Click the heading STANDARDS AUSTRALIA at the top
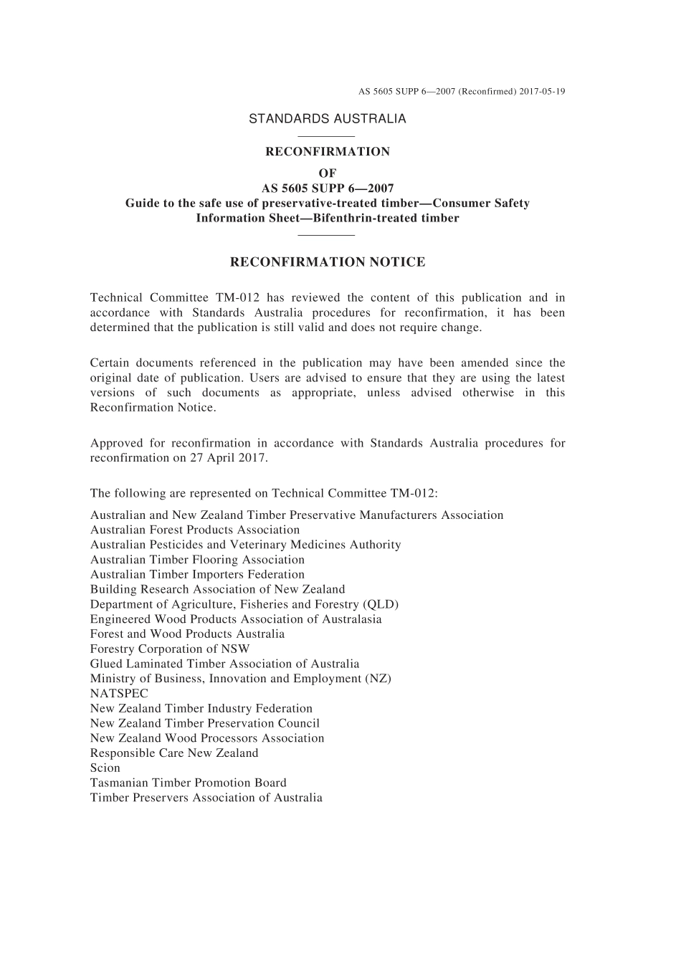coord(327,119)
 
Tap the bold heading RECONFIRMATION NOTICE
coord(328,262)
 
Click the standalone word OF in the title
coord(328,173)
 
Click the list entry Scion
coord(105,768)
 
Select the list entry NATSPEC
coord(119,693)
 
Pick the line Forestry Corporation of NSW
coord(170,649)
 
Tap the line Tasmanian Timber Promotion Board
coord(188,783)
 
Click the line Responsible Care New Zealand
coord(174,753)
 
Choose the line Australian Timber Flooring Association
coord(197,560)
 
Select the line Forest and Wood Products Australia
coord(187,634)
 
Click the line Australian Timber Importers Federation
coord(197,574)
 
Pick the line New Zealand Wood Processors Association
coord(207,738)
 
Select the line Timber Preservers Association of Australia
coord(206,798)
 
